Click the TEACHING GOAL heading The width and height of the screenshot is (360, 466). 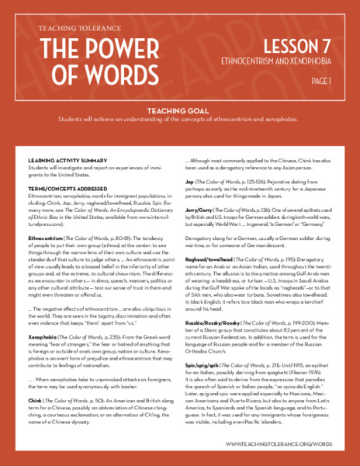pos(179,110)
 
